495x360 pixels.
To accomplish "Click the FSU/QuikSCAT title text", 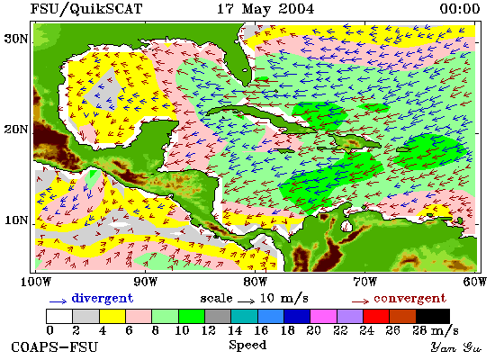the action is (x=86, y=9).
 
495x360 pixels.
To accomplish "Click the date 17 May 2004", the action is (x=265, y=9).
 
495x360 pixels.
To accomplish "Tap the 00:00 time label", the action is (x=460, y=9).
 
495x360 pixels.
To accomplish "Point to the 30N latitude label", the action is (x=16, y=40).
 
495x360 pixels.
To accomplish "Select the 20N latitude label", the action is (x=16, y=130).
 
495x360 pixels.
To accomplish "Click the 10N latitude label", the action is (x=16, y=220).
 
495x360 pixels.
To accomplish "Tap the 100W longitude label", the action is (x=35, y=282).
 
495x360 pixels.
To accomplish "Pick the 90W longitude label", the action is (x=145, y=282).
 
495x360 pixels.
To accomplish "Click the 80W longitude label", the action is (x=255, y=282).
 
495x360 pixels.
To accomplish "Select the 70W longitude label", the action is (x=364, y=282).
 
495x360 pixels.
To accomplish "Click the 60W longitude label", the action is (x=475, y=282).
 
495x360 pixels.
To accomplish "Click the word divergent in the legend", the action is (x=103, y=298).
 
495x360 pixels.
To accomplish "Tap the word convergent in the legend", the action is (x=410, y=299).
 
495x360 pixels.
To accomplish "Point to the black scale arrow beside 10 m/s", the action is (x=246, y=301).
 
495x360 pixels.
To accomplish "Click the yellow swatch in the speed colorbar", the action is (x=112, y=316).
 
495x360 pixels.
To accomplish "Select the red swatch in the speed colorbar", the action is (x=376, y=316).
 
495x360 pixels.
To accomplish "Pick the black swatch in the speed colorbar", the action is (x=433, y=316).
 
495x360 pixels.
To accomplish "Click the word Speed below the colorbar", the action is (x=247, y=345).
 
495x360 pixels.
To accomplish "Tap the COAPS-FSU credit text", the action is (x=55, y=347).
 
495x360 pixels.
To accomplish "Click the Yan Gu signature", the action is (x=456, y=347).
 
